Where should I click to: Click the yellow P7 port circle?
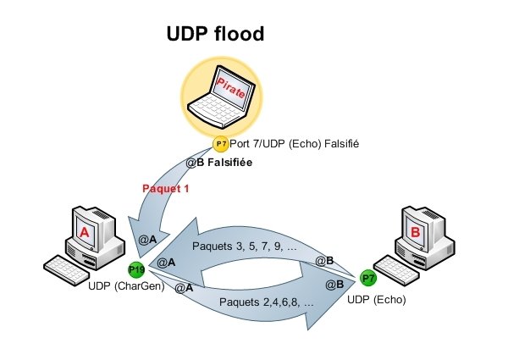(220, 144)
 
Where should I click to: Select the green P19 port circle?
(136, 270)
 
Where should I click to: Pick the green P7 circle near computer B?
(368, 277)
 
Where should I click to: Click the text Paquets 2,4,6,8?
(267, 302)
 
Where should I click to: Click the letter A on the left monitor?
(84, 229)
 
